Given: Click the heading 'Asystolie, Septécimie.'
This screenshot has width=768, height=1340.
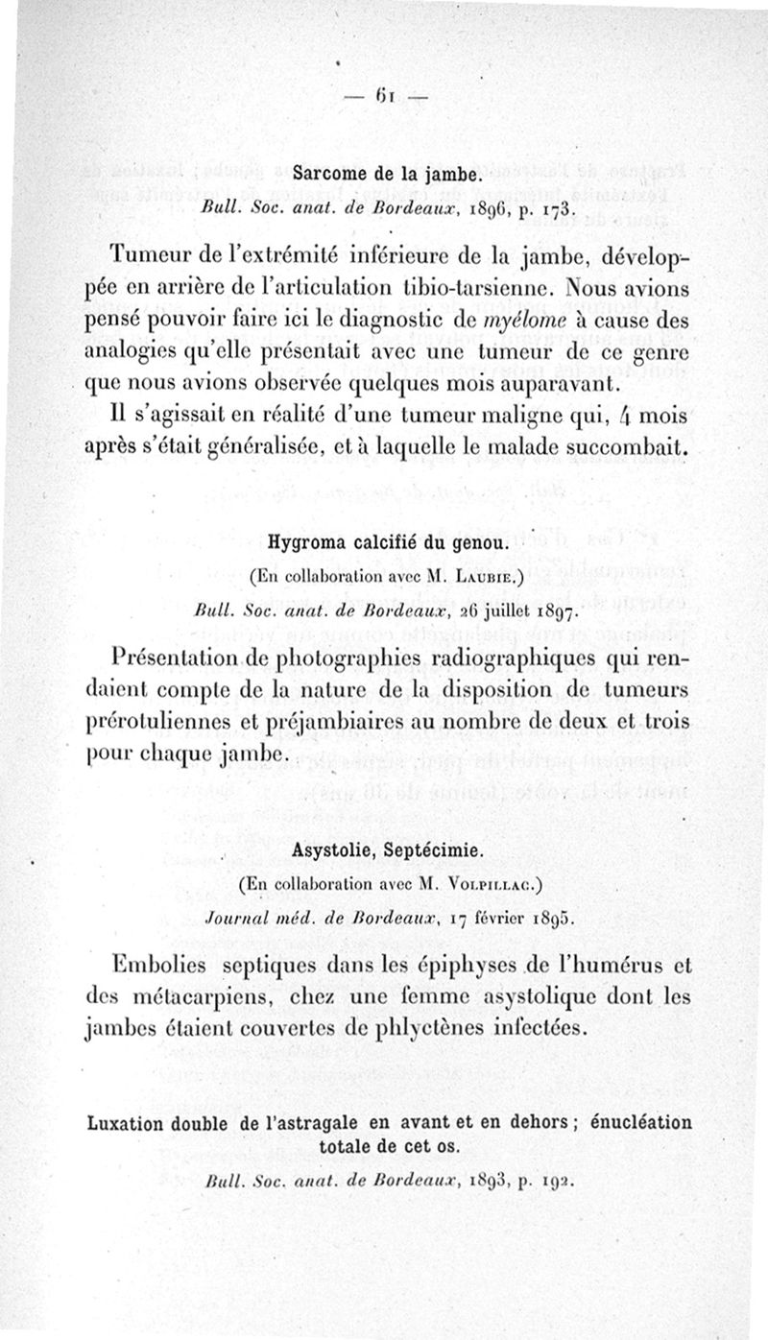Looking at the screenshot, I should [x=386, y=849].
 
